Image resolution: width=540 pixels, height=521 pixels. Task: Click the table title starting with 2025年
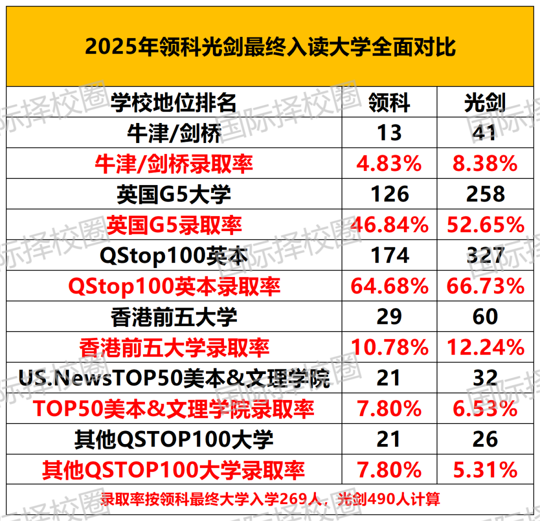(x=270, y=47)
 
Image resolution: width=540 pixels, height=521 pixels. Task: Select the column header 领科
(x=389, y=102)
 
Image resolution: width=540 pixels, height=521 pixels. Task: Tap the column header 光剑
(x=484, y=102)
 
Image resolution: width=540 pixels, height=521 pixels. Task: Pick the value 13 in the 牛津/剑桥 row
(x=389, y=133)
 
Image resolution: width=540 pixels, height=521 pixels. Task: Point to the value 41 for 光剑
(x=484, y=133)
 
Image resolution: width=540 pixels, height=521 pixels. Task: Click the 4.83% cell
(x=389, y=163)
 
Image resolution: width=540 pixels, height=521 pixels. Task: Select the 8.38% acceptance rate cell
(x=484, y=163)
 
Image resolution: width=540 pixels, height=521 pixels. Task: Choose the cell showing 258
(x=484, y=194)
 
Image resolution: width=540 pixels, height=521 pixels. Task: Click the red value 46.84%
(x=389, y=225)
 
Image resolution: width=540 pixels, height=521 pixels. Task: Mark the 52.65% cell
(x=484, y=225)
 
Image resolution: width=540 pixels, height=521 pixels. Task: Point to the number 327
(x=484, y=255)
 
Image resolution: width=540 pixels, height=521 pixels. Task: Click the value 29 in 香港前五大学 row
(x=389, y=317)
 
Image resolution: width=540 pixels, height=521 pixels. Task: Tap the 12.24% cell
(x=484, y=347)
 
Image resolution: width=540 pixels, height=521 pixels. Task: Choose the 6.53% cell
(x=484, y=409)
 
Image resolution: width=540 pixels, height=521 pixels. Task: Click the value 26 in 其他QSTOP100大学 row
(x=484, y=439)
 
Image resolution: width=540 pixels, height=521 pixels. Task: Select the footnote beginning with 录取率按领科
(x=270, y=498)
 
